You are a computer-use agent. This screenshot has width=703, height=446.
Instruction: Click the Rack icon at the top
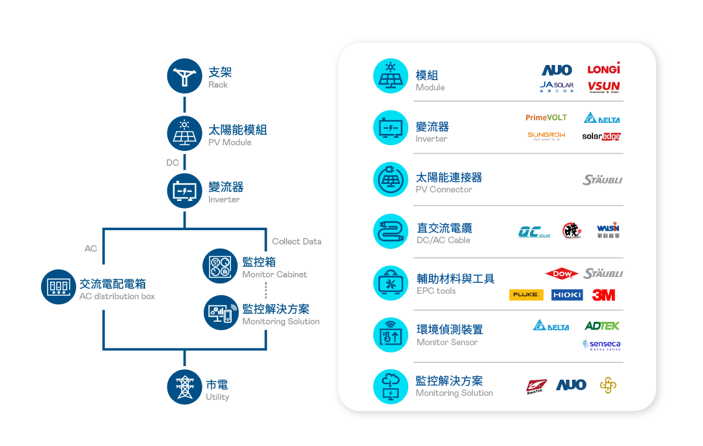pyautogui.click(x=185, y=77)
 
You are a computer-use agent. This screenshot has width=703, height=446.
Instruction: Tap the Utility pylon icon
pyautogui.click(x=185, y=387)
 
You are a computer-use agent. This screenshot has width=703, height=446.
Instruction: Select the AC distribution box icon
pyautogui.click(x=59, y=287)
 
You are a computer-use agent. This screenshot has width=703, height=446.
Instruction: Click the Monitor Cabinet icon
pyautogui.click(x=219, y=266)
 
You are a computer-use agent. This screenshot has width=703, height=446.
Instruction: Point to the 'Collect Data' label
pyautogui.click(x=296, y=241)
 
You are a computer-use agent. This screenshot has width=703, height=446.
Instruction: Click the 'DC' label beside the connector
pyautogui.click(x=172, y=163)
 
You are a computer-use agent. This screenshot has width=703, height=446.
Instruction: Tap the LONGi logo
pyautogui.click(x=603, y=69)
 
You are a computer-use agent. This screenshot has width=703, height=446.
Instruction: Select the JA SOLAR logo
pyautogui.click(x=557, y=86)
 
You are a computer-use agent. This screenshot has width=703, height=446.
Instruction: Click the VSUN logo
pyautogui.click(x=603, y=87)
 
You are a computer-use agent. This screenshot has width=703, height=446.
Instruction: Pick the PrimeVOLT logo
pyautogui.click(x=546, y=118)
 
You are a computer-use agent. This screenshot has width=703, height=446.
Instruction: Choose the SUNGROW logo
pyautogui.click(x=546, y=136)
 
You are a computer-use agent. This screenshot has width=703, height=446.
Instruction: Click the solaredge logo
pyautogui.click(x=601, y=137)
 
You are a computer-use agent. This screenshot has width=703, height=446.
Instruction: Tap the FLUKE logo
pyautogui.click(x=526, y=295)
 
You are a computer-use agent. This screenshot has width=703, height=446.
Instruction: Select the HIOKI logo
pyautogui.click(x=567, y=295)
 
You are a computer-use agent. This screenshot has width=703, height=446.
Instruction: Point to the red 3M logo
pyautogui.click(x=603, y=295)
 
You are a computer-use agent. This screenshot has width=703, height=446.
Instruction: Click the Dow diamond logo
pyautogui.click(x=562, y=274)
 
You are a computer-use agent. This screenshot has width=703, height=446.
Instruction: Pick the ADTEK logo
pyautogui.click(x=602, y=326)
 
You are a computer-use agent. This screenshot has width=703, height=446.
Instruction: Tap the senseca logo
pyautogui.click(x=601, y=345)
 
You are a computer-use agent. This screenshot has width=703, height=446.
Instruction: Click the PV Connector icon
pyautogui.click(x=390, y=179)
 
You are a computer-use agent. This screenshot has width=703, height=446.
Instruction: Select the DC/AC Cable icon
pyautogui.click(x=390, y=230)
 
